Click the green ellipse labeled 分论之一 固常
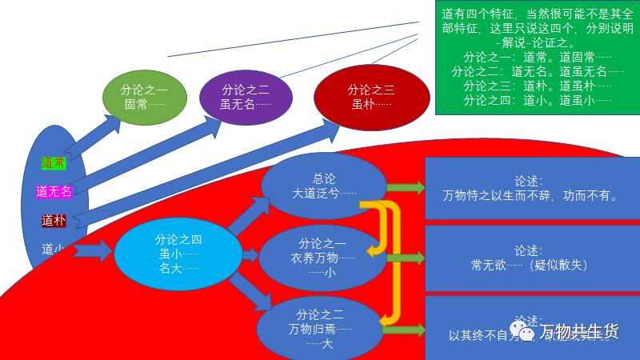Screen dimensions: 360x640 (x=144, y=98)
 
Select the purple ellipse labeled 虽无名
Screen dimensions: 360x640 (x=246, y=97)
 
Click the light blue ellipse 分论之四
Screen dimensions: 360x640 (x=178, y=254)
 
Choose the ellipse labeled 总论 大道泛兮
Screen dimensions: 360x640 (x=323, y=186)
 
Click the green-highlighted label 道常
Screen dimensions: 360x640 (x=54, y=163)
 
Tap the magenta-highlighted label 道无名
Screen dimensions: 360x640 (x=54, y=191)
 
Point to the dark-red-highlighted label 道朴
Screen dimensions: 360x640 (x=54, y=220)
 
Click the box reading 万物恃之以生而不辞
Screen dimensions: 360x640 (x=532, y=188)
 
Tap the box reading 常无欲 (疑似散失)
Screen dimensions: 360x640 (x=532, y=258)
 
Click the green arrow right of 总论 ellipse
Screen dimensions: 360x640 (x=405, y=188)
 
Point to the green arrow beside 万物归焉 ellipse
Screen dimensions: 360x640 (x=405, y=329)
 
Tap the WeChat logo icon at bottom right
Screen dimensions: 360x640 (x=525, y=330)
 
